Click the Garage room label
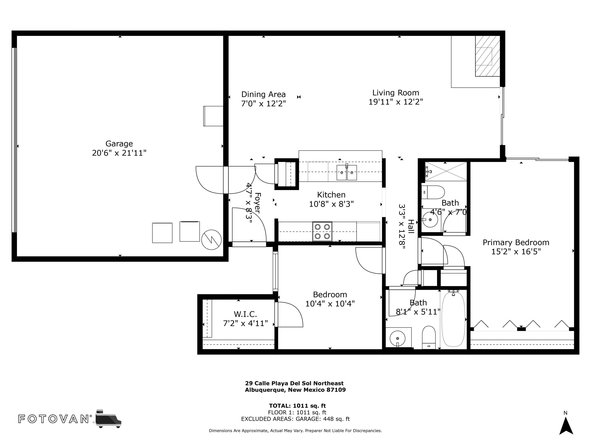pos(119,144)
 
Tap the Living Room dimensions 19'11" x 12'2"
pos(396,102)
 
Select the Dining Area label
pos(263,94)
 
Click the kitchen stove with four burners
pos(322,231)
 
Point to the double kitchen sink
pos(347,172)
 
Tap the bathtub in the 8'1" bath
pos(453,319)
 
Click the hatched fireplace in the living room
pos(487,56)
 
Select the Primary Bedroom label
pos(516,242)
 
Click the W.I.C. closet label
pos(245,314)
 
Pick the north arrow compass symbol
pos(566,426)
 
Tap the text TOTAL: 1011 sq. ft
pos(297,406)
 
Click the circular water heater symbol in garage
pos(211,240)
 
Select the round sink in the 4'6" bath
pos(430,220)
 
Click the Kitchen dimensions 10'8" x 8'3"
pos(331,204)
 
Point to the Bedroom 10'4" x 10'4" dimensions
pos(330,304)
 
